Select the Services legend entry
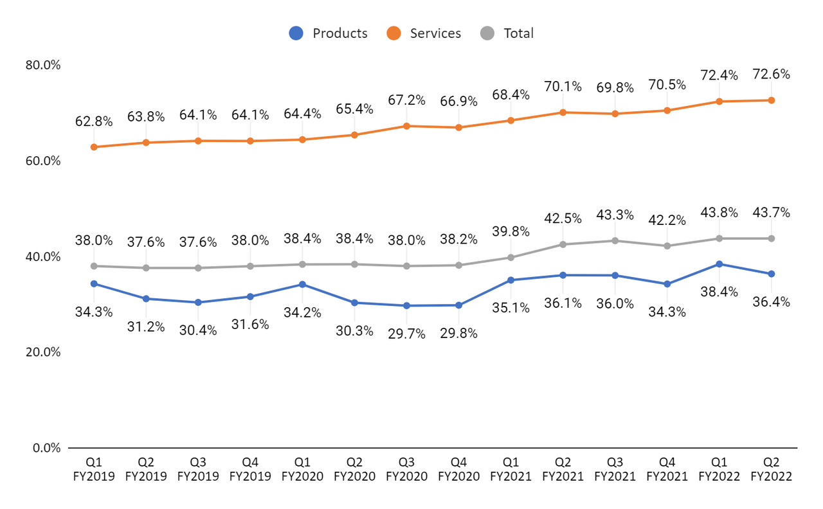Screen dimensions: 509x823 425,33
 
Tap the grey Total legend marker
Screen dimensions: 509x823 489,33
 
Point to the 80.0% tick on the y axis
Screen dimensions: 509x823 43,65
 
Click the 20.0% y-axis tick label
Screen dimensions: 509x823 43,352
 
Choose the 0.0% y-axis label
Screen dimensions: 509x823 46,448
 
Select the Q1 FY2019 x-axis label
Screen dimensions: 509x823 94,469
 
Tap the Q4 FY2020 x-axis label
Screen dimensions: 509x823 458,469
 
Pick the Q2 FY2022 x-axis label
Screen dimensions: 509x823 771,469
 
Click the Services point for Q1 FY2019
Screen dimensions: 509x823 94,147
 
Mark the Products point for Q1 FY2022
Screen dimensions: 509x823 719,264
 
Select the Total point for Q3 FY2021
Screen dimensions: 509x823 615,241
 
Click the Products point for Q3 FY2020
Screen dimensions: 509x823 406,306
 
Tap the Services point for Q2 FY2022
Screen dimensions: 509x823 771,100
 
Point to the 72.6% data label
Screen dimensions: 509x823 771,74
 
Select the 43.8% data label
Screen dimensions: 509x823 719,212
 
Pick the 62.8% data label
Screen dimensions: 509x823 94,121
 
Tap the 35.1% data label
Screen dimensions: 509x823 511,308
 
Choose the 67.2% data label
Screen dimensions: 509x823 406,100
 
